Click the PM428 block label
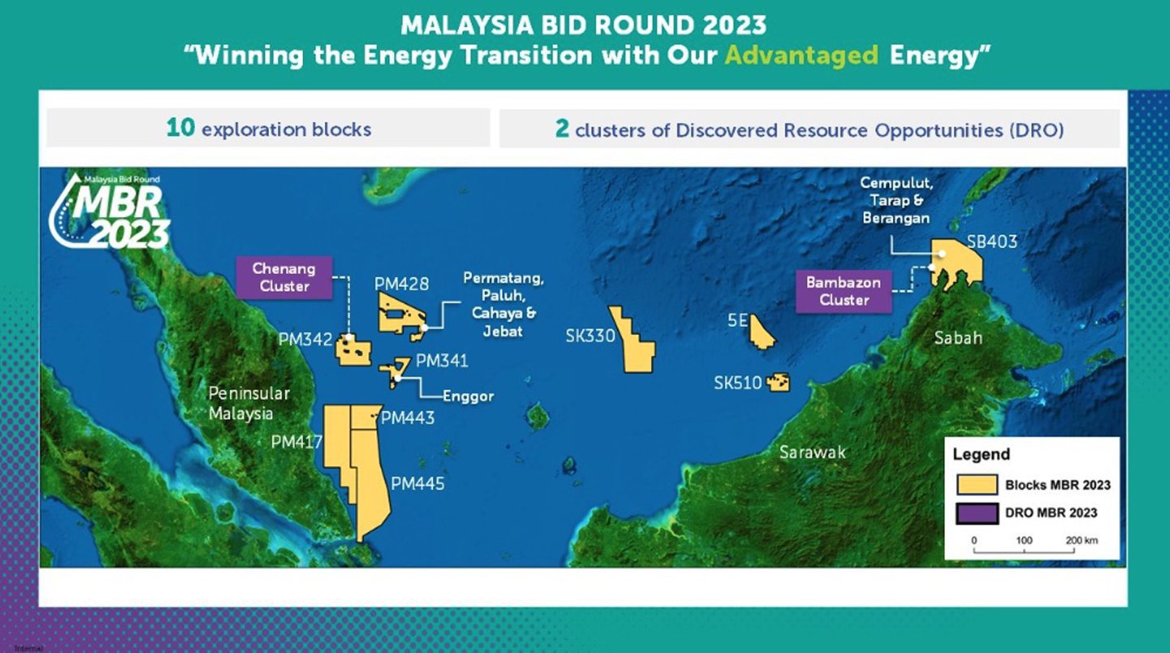tap(401, 284)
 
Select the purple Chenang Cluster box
tap(284, 276)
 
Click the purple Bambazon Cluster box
tap(844, 291)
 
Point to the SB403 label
tap(991, 242)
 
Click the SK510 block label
tap(738, 383)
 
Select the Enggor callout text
tap(468, 397)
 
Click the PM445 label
tap(418, 484)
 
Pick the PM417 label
tap(297, 442)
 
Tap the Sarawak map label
tap(812, 452)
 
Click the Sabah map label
tap(958, 337)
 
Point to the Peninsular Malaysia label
tap(249, 403)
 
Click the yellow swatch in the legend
tap(976, 485)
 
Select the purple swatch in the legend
tap(976, 513)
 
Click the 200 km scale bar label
tap(1081, 541)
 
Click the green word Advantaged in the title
tap(801, 56)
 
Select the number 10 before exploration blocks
tap(180, 128)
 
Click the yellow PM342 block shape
tap(354, 350)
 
